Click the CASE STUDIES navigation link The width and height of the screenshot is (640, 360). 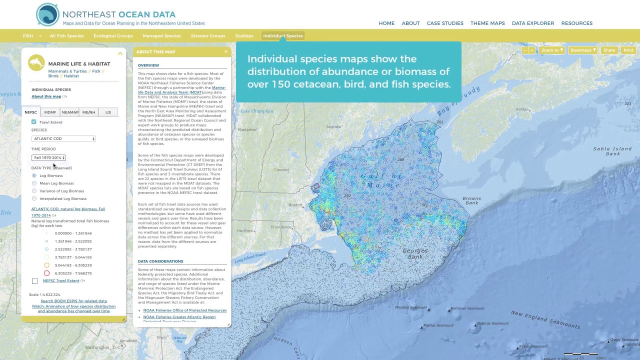click(x=445, y=23)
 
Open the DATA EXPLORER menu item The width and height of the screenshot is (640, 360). click(x=533, y=23)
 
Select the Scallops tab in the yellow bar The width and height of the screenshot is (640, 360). click(x=244, y=36)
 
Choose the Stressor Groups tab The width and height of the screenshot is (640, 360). click(x=208, y=36)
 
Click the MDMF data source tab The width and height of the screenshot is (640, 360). click(x=50, y=112)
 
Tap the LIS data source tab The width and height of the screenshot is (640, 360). click(x=108, y=112)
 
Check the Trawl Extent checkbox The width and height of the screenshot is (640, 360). click(x=34, y=122)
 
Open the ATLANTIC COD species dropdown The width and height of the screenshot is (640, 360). click(x=63, y=138)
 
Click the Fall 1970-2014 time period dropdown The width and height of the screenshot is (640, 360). click(x=48, y=157)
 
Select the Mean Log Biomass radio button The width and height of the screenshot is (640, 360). click(x=34, y=183)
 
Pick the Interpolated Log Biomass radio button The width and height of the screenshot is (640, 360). click(x=34, y=198)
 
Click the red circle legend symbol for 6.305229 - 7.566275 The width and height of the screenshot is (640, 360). click(x=46, y=273)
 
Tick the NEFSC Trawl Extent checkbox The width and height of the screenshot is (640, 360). click(x=35, y=281)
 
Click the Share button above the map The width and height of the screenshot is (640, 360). click(x=609, y=50)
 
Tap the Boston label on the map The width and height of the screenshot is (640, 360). click(x=295, y=205)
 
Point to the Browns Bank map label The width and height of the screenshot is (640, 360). click(x=471, y=200)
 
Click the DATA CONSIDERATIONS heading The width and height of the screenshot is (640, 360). click(x=160, y=261)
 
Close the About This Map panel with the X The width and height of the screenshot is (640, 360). click(x=226, y=51)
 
